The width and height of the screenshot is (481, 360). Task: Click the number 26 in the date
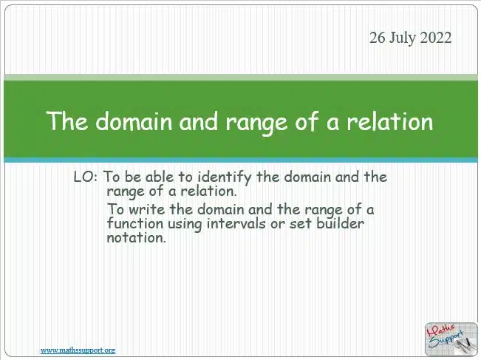click(x=378, y=38)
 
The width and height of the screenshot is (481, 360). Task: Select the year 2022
click(x=436, y=38)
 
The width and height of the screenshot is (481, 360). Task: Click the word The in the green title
click(x=67, y=120)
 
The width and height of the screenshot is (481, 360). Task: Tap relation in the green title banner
click(x=389, y=120)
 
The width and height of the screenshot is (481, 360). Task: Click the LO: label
click(x=86, y=177)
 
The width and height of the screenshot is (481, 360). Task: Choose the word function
click(x=135, y=223)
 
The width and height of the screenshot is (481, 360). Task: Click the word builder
click(x=340, y=223)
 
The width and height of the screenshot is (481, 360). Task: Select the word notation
click(x=136, y=238)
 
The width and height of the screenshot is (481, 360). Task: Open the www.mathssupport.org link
click(x=78, y=350)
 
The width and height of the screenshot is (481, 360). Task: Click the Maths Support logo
click(x=451, y=339)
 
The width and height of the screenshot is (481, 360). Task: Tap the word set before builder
click(x=301, y=224)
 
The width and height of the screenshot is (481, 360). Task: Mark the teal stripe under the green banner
click(x=241, y=160)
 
